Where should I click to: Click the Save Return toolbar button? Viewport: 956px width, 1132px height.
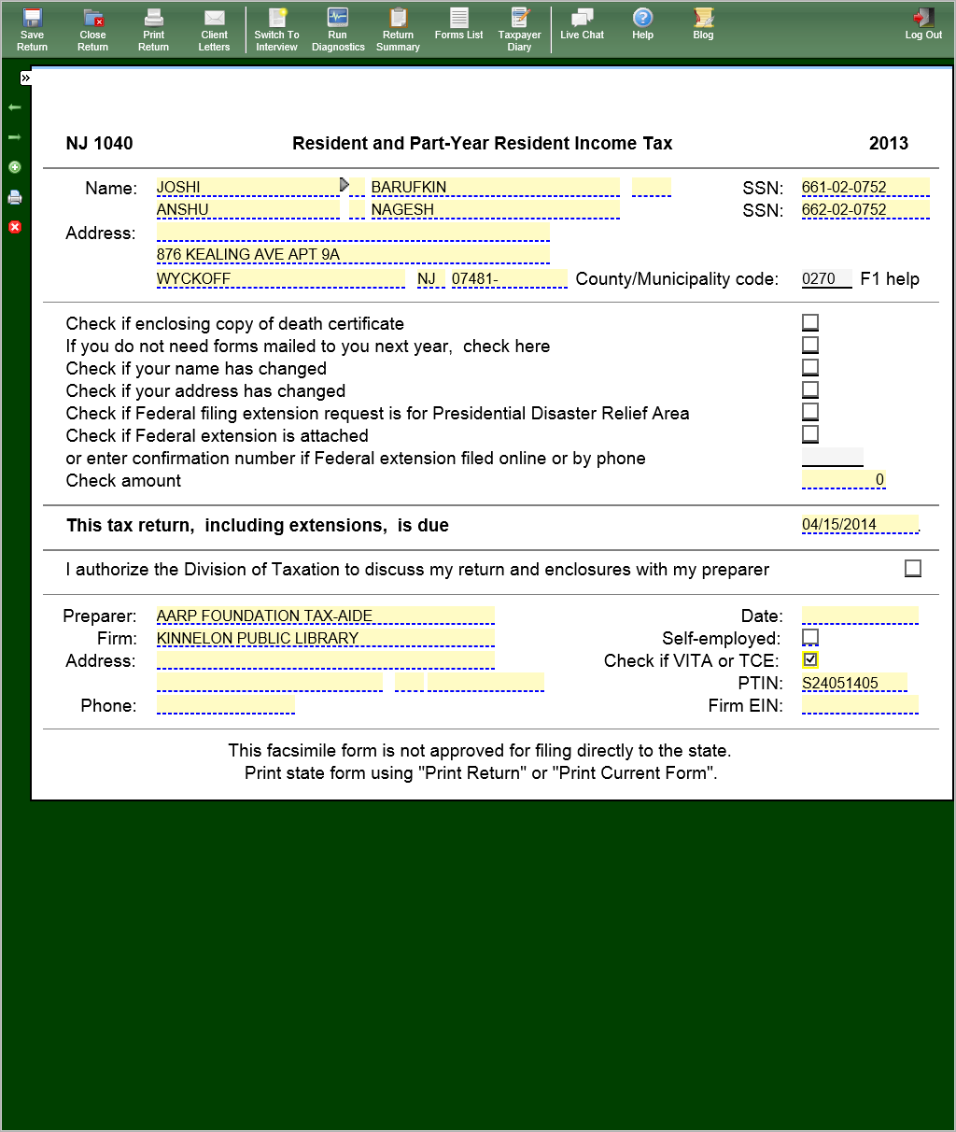32,29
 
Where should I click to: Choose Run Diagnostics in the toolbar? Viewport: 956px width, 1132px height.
338,29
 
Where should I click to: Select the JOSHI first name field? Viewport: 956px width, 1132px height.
247,187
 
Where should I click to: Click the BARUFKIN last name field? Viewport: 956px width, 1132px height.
495,187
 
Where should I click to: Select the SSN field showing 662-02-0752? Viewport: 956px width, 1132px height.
865,210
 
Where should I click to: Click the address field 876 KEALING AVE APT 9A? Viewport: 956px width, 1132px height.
353,254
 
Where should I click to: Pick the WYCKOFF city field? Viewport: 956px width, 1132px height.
280,278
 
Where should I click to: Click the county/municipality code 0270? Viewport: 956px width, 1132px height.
826,278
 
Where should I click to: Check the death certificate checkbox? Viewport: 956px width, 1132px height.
810,322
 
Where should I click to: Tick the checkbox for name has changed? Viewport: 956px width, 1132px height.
810,367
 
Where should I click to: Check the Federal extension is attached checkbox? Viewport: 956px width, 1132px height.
810,434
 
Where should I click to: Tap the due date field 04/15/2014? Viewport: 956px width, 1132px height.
859,524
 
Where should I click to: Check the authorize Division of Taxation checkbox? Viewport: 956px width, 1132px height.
913,568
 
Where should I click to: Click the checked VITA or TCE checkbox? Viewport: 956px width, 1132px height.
810,659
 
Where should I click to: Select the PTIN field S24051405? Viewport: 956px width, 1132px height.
853,683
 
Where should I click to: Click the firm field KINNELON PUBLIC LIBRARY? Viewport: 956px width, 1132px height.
325,638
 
